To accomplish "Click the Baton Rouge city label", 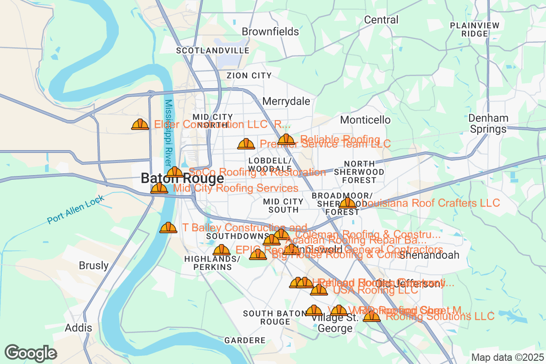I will [x=182, y=178].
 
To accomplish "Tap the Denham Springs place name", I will [x=488, y=124].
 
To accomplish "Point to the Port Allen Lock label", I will [x=76, y=209].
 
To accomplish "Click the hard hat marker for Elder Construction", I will [x=140, y=124].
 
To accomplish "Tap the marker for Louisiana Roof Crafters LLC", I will [x=348, y=203].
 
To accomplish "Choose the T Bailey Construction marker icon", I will [x=168, y=227].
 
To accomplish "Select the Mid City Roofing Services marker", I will [x=159, y=188].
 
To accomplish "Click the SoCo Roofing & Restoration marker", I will [x=175, y=172].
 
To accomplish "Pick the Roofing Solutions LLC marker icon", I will [x=372, y=316].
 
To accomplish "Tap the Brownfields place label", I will [x=270, y=31].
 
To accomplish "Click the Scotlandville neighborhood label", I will [x=212, y=50].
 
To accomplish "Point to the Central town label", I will [x=381, y=20].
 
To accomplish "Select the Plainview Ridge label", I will [x=475, y=30].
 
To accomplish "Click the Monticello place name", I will [x=365, y=120].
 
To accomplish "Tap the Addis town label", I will [x=78, y=328].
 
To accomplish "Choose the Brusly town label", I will [x=94, y=265].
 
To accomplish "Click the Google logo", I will [x=30, y=353].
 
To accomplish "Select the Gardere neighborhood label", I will [x=245, y=340].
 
